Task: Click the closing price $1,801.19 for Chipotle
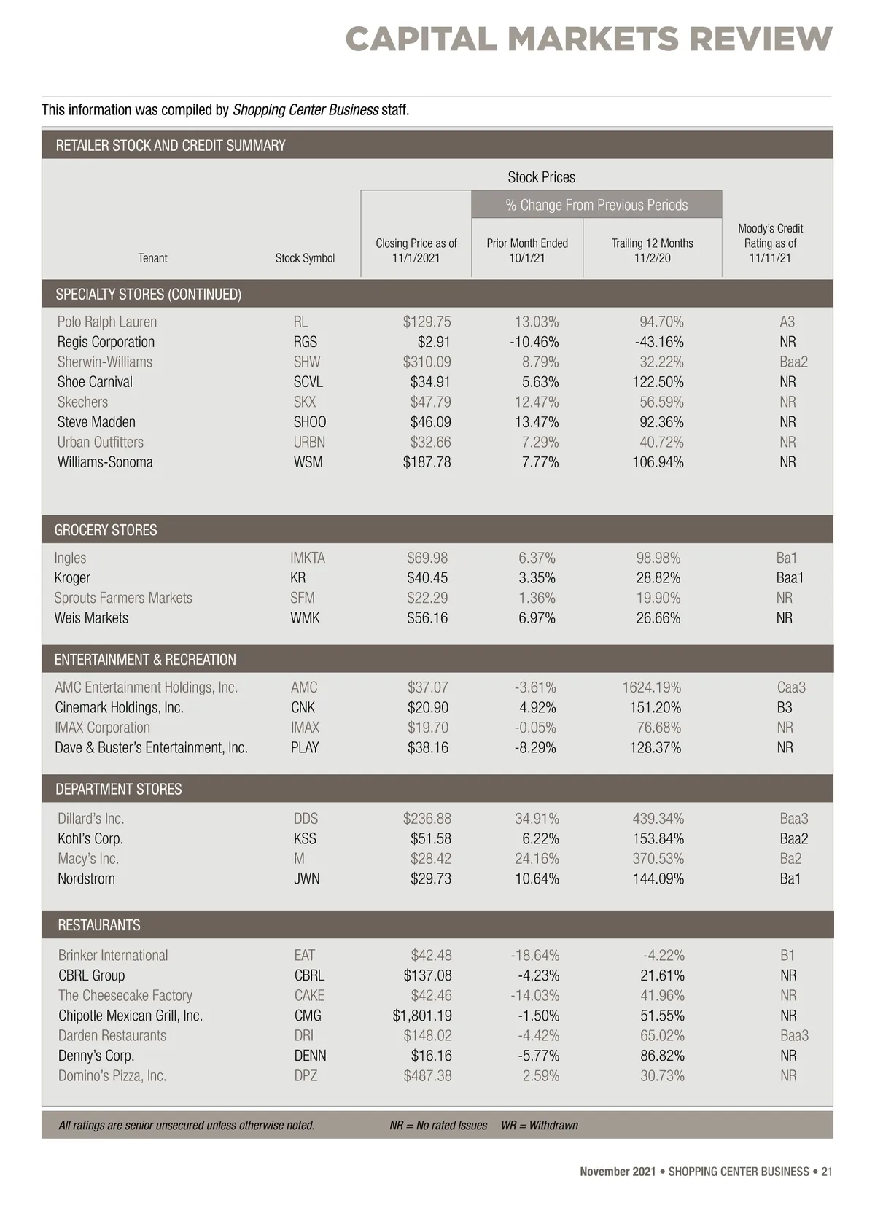(x=421, y=1016)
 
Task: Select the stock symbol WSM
(x=308, y=462)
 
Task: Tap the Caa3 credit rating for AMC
(x=791, y=687)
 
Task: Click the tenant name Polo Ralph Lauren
(x=107, y=322)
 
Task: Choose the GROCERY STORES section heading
(x=106, y=530)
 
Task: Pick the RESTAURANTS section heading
(x=99, y=925)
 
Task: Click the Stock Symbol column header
(x=305, y=258)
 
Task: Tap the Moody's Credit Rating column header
(x=770, y=243)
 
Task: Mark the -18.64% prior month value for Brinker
(x=534, y=955)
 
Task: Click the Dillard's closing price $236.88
(x=427, y=819)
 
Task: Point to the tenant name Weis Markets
(x=91, y=618)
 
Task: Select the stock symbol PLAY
(x=305, y=748)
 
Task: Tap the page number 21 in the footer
(x=826, y=1172)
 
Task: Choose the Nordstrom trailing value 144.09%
(x=658, y=879)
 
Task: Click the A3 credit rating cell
(x=787, y=322)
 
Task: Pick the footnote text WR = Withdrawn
(x=539, y=1126)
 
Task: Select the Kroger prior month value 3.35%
(x=537, y=578)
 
